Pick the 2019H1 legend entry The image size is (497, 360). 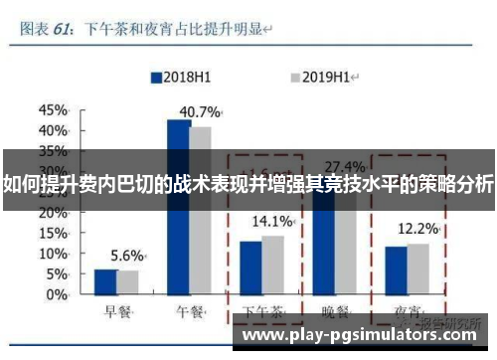click(323, 76)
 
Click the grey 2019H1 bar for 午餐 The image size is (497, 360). click(201, 211)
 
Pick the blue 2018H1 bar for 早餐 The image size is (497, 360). click(105, 281)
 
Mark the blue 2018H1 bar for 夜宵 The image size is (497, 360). click(397, 270)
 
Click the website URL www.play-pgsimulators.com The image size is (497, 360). click(362, 335)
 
